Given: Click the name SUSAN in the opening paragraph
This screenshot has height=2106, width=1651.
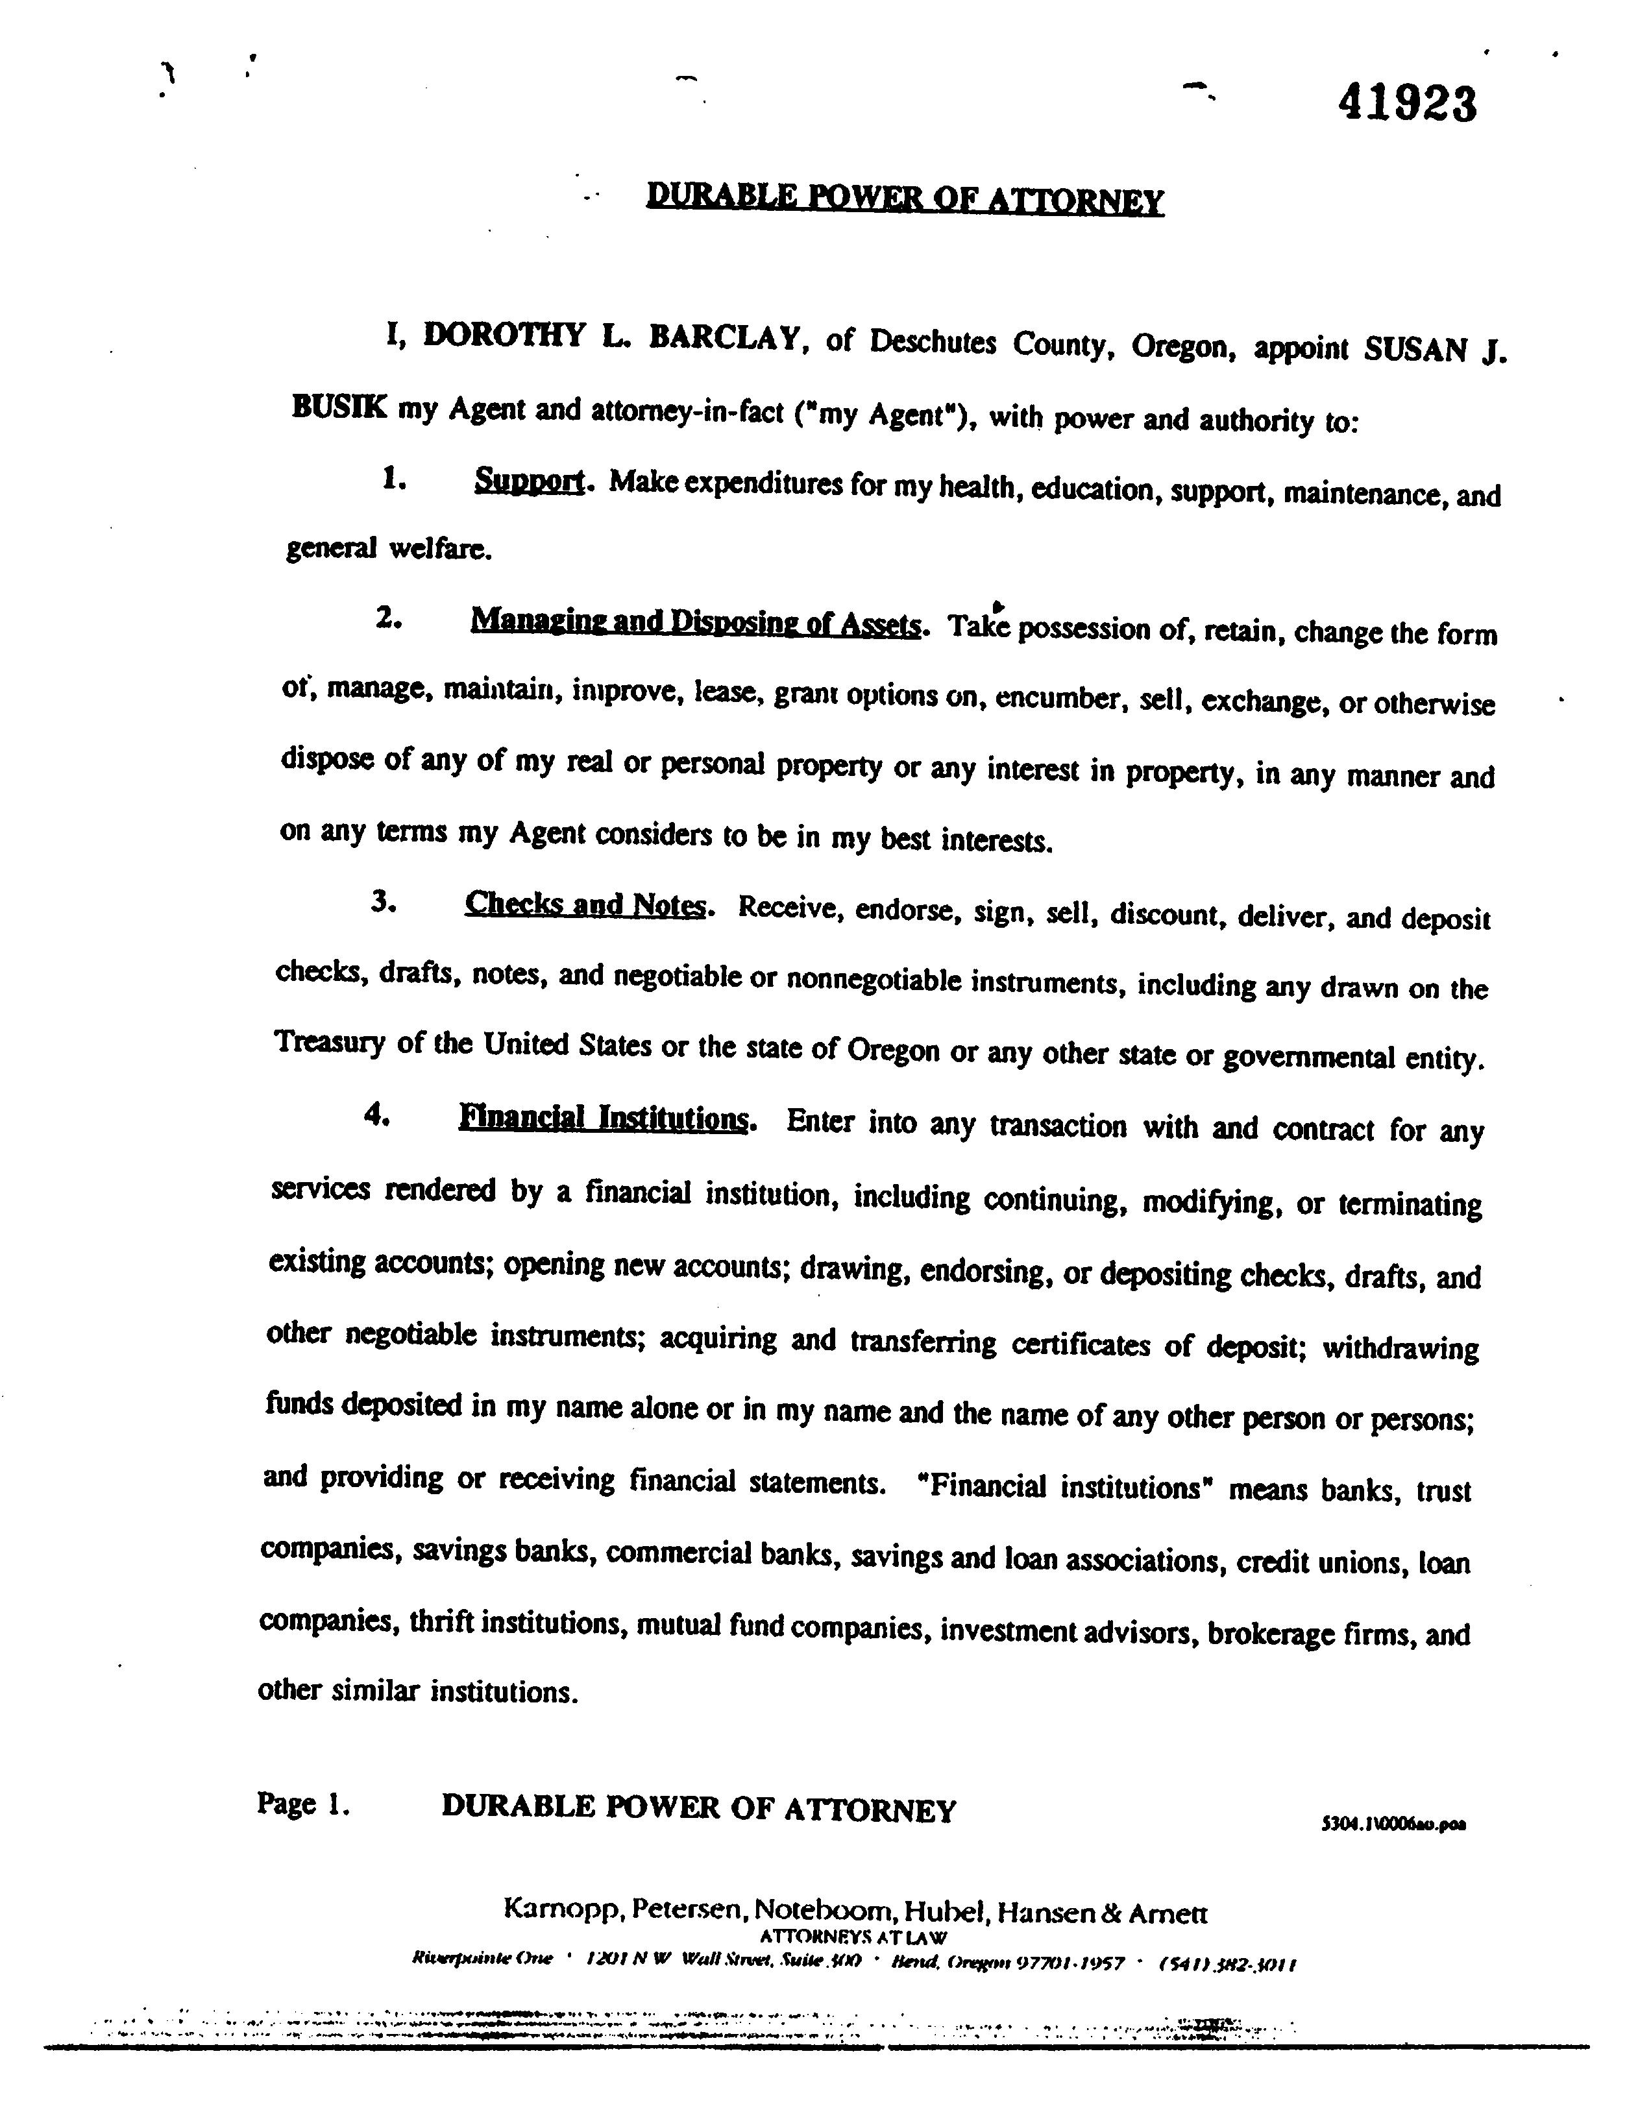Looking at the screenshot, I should click(x=1415, y=350).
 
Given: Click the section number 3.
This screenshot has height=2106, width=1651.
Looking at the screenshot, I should click(x=383, y=901).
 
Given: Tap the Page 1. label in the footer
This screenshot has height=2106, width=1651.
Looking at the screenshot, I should click(x=302, y=1804).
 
